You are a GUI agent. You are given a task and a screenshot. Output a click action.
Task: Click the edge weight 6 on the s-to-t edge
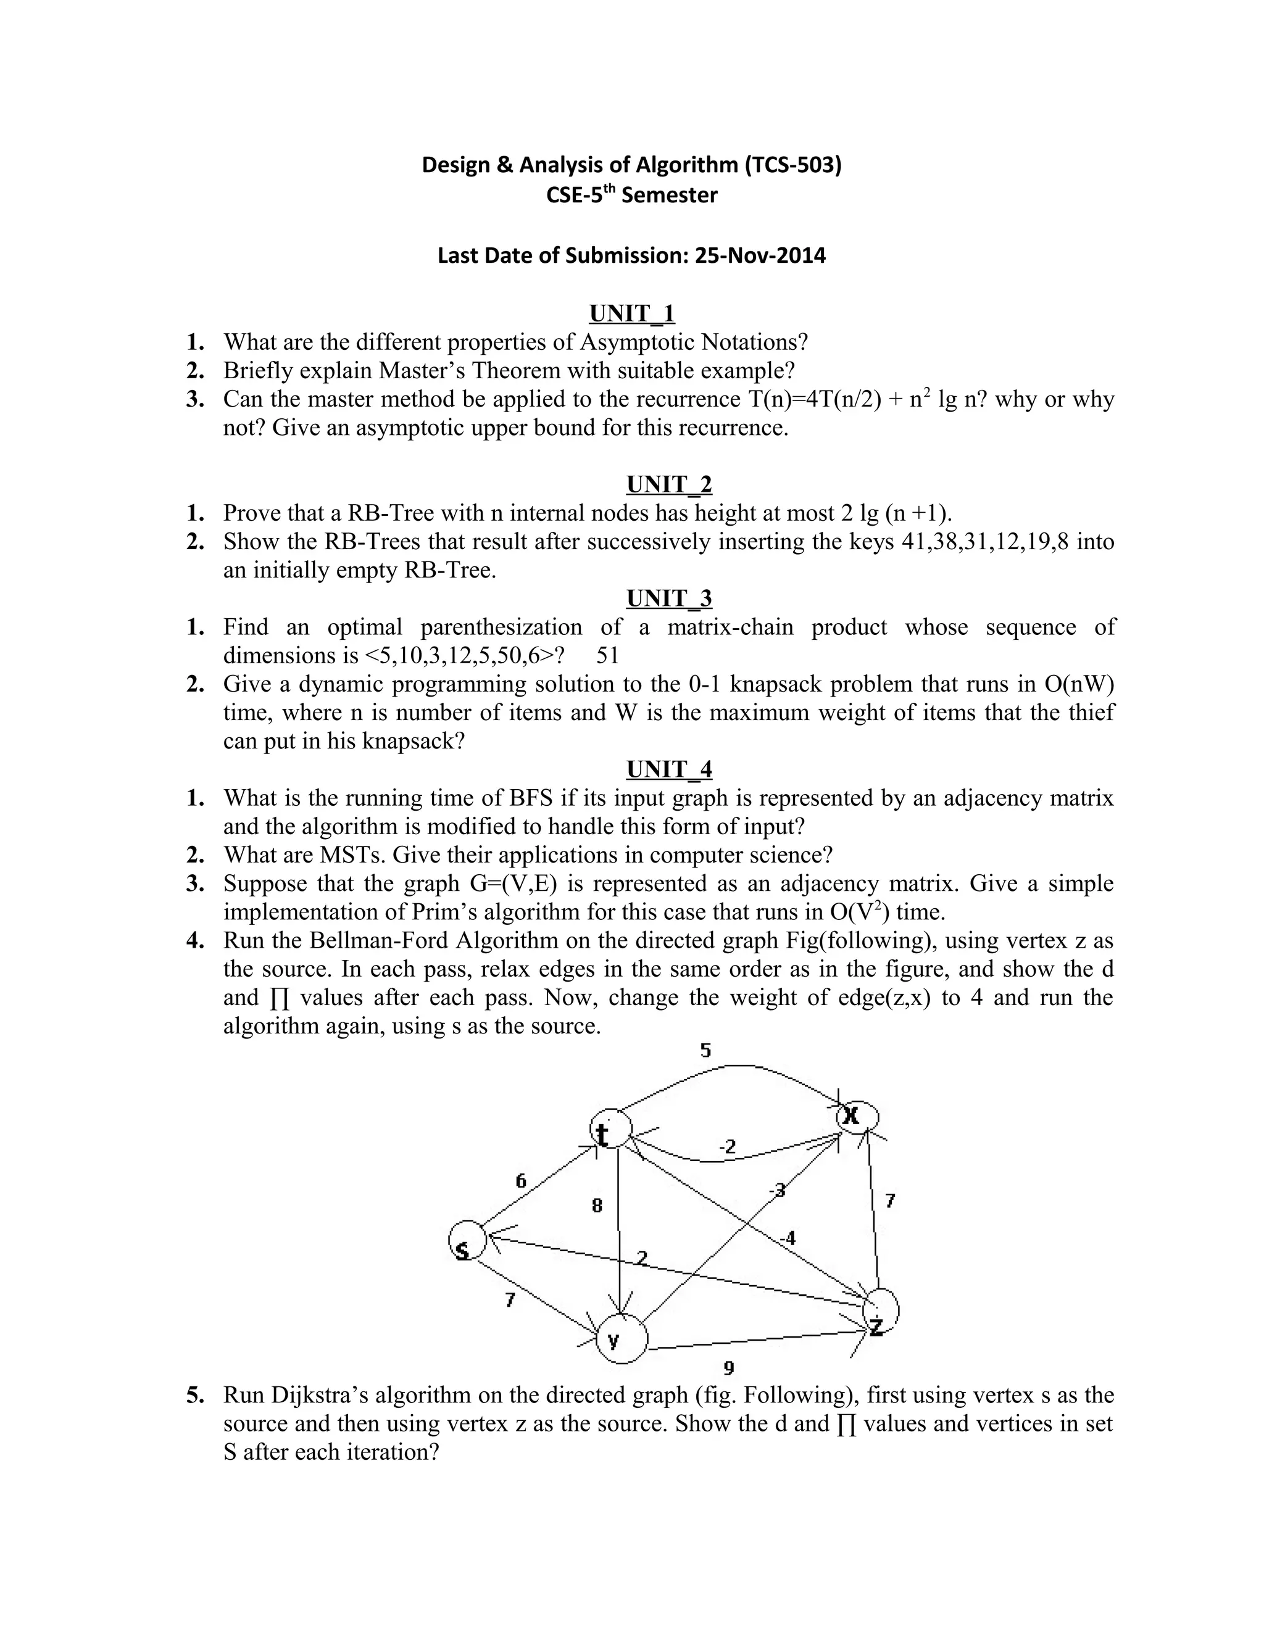520,1180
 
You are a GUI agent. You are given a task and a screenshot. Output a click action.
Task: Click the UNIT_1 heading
632,313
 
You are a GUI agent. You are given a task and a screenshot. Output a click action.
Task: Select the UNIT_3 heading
668,598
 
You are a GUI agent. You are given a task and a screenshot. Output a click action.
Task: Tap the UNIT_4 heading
668,769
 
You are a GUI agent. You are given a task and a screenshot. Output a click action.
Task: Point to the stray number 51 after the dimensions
607,656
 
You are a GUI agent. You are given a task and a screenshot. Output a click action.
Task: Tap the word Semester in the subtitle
670,196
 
